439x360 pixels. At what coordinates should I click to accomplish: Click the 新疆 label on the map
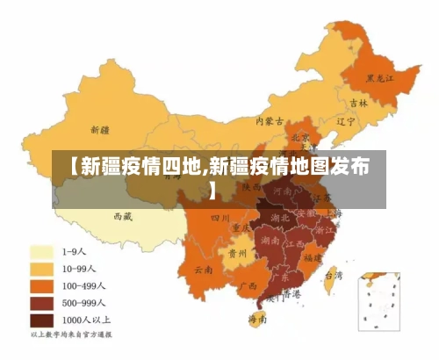coord(93,129)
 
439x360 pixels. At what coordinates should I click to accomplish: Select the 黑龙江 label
coord(381,78)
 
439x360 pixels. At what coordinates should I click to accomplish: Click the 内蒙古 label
coord(269,121)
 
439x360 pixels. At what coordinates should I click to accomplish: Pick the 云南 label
coord(204,269)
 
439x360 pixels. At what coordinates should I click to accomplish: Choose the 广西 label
coord(248,285)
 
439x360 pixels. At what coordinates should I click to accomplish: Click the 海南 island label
coord(256,319)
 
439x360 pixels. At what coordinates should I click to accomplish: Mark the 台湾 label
coord(334,275)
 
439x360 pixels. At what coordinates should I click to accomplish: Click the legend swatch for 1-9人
coord(44,251)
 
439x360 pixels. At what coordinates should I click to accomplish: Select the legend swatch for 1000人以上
coord(44,320)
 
